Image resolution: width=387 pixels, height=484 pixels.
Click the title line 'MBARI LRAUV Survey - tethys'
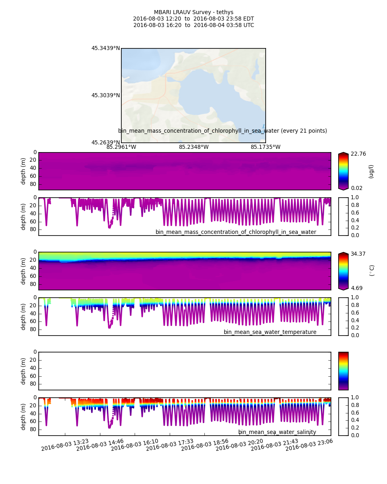tap(193, 13)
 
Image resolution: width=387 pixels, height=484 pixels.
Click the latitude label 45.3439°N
tap(105, 48)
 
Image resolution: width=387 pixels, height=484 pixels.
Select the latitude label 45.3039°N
tap(105, 96)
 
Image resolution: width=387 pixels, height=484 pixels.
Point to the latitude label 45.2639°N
tap(105, 142)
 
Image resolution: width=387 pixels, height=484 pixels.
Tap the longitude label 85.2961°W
tap(121, 147)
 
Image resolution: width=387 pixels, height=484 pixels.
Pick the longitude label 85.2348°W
tap(193, 147)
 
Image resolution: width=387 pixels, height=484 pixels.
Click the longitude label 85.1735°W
tap(265, 147)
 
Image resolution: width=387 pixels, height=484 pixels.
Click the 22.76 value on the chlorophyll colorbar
tap(356, 154)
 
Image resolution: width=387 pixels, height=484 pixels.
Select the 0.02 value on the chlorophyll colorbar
tap(356, 188)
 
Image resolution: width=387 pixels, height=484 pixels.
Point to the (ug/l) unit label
tap(371, 171)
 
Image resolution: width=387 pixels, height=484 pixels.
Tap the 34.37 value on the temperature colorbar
tap(356, 254)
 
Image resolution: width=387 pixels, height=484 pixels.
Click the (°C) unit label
tap(372, 270)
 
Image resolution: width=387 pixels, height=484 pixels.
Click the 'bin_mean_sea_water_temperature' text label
tap(270, 332)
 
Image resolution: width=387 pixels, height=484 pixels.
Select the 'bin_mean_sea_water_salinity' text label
tap(277, 432)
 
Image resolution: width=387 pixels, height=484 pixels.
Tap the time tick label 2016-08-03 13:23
tap(65, 445)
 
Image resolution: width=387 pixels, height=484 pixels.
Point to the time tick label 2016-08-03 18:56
tap(204, 445)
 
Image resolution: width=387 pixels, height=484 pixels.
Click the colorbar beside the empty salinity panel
tap(343, 371)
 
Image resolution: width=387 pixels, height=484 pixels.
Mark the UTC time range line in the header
tap(193, 25)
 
